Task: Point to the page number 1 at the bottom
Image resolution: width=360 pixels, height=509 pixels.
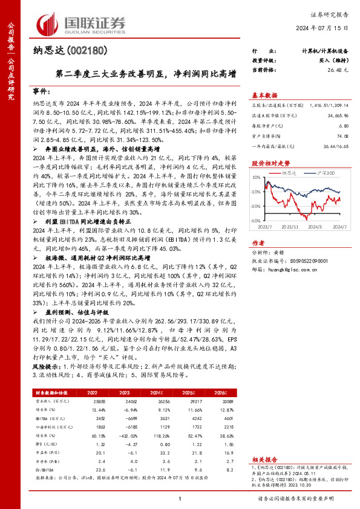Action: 180,498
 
